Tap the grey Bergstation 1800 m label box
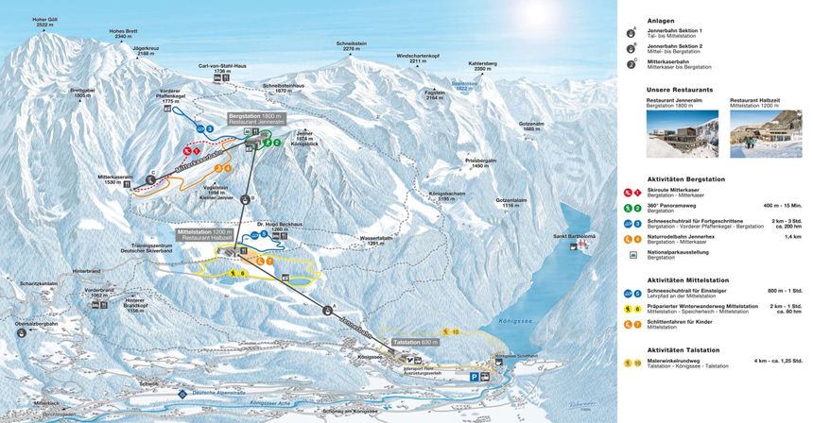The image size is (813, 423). coord(256,119)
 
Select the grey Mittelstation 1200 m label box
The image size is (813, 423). coord(204,234)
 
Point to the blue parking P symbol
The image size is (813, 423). coord(476,375)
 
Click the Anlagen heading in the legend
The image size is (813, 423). coord(660,21)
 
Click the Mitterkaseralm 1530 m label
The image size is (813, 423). coord(118,179)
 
